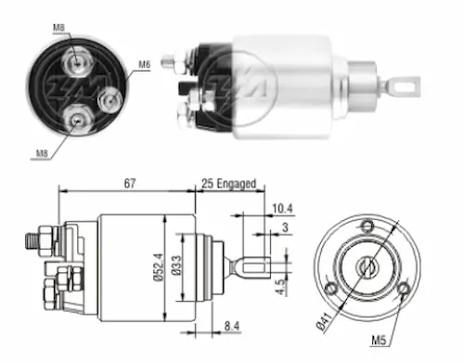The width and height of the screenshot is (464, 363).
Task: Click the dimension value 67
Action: [130, 183]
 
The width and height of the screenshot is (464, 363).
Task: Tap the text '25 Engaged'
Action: [229, 184]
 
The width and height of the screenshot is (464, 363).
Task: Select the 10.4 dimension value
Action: [282, 209]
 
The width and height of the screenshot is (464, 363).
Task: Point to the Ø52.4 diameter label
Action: [159, 267]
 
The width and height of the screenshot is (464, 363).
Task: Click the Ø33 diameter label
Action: [177, 266]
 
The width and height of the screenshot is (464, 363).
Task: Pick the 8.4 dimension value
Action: [232, 326]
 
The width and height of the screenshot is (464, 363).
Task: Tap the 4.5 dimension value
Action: [279, 287]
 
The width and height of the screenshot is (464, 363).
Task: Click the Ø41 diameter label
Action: [324, 322]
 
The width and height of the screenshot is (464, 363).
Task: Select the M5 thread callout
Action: [379, 341]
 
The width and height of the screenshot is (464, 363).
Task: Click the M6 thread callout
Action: [144, 64]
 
